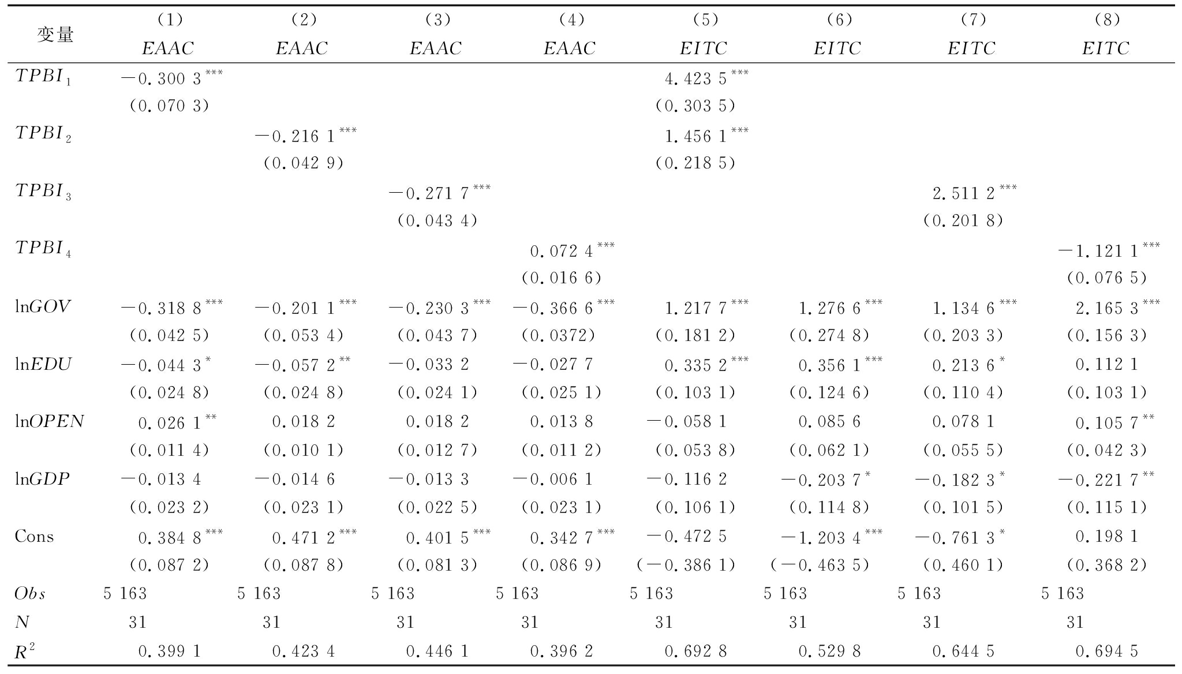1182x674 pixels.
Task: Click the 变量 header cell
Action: [55, 35]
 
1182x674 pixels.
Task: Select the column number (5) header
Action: [705, 20]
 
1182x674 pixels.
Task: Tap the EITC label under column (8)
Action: [1105, 48]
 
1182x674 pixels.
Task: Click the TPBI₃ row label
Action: [43, 192]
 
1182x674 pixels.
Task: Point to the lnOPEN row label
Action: [50, 422]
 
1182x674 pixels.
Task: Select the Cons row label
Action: [35, 537]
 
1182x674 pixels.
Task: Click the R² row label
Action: [25, 651]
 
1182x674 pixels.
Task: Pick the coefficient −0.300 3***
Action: [171, 77]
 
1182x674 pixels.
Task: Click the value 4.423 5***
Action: [706, 77]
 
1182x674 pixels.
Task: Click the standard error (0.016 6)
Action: [561, 278]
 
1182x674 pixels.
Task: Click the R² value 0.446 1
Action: [437, 651]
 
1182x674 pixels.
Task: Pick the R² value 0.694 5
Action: [1106, 651]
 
